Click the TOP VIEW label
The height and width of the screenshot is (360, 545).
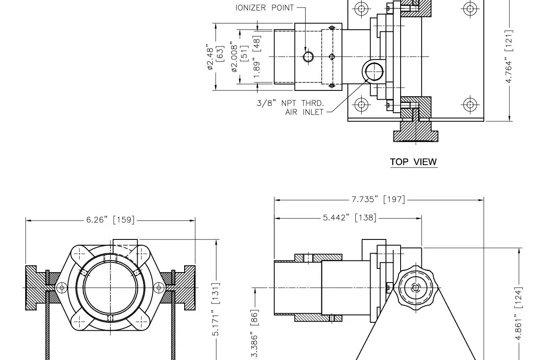coord(413,162)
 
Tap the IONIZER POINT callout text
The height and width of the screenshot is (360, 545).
coord(265,8)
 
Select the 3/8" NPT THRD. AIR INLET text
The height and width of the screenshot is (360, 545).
coord(290,107)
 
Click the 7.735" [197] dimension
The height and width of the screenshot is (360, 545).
coord(378,199)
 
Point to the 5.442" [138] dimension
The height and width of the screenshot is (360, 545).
coord(350,218)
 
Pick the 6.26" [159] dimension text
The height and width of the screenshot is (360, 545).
coord(111,220)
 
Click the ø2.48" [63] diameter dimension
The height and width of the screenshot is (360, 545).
coord(215,57)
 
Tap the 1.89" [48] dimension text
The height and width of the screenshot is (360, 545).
coord(257,56)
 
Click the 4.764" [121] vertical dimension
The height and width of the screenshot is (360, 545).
coord(509,56)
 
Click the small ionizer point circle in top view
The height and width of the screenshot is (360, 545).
coord(308,57)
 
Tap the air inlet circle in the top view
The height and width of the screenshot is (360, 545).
coord(374,71)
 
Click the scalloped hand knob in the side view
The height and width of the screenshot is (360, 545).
coord(416,288)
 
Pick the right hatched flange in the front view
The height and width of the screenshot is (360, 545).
coord(187,288)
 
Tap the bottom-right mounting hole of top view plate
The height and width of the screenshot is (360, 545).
coord(470,105)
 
